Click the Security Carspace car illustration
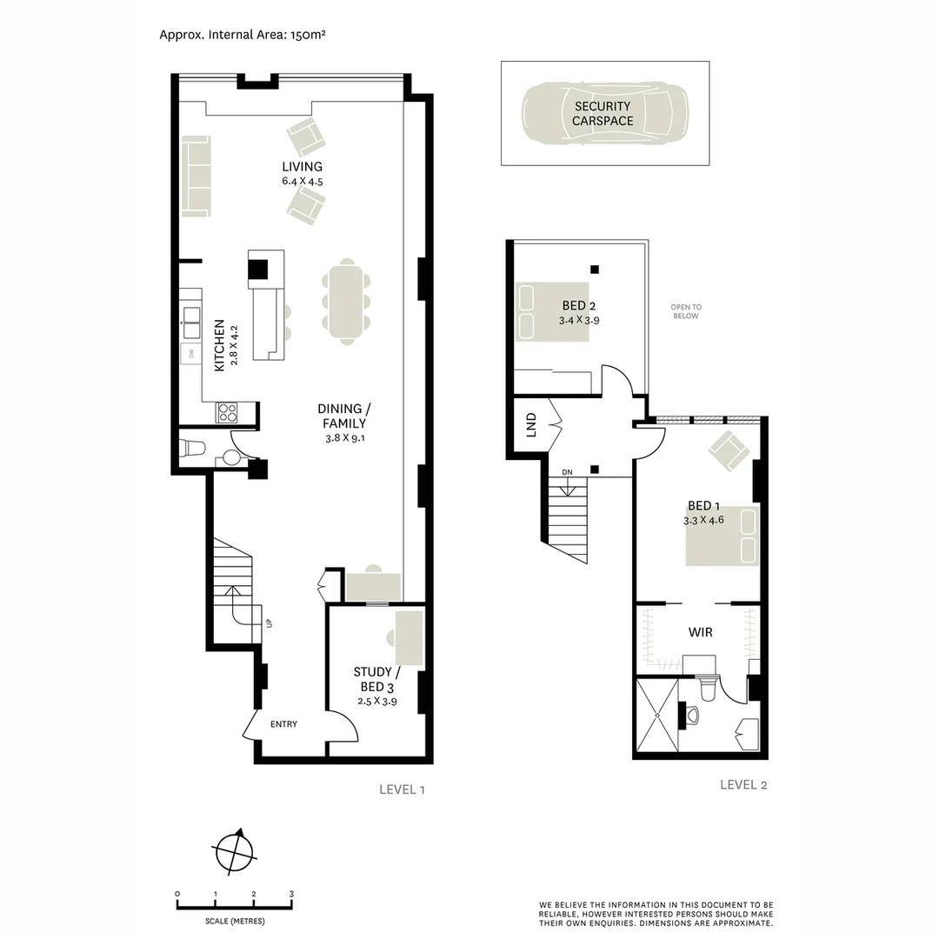[x=604, y=113]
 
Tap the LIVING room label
[x=302, y=167]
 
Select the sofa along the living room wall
[x=196, y=176]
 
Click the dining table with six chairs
[x=346, y=300]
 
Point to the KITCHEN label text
[x=220, y=346]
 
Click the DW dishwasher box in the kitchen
[x=190, y=353]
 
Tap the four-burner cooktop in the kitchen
[x=227, y=412]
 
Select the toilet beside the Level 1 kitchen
[x=193, y=449]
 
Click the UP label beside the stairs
[x=270, y=623]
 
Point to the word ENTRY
[x=283, y=724]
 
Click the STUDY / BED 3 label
[x=376, y=679]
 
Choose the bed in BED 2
[x=552, y=311]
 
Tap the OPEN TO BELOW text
[x=685, y=311]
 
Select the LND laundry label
[x=531, y=425]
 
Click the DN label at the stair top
[x=567, y=472]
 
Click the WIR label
[x=700, y=632]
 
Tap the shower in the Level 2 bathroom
[x=657, y=716]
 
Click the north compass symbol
[x=235, y=849]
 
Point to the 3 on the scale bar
[x=292, y=894]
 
